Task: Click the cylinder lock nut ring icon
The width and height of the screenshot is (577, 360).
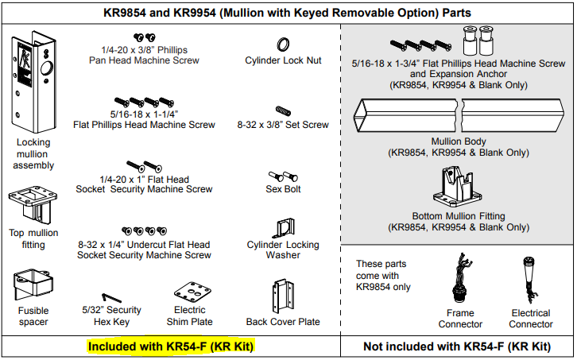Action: [283, 43]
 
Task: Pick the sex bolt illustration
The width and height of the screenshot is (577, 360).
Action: [283, 174]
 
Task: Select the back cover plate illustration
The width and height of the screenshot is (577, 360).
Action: [283, 296]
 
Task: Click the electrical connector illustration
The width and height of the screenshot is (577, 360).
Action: [530, 283]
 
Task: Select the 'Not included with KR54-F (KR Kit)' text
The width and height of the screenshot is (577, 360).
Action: [457, 346]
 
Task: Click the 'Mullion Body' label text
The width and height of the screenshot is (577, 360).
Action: [458, 141]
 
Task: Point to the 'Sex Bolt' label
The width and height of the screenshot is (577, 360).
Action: [283, 189]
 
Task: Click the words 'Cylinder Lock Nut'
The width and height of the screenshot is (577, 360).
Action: [283, 60]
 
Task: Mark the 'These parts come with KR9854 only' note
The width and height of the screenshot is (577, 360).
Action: [384, 275]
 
